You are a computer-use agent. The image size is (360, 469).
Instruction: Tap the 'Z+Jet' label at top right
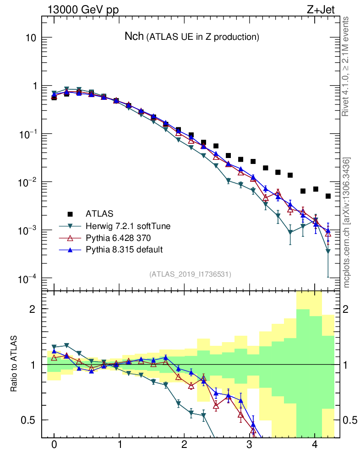point(326,9)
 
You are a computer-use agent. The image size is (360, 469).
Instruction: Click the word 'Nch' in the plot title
point(134,37)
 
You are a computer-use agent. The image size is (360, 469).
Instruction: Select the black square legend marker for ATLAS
point(70,213)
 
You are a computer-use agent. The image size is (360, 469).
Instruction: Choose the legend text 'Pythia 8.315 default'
point(120,250)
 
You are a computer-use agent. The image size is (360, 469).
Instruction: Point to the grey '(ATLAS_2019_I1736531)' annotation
point(190,274)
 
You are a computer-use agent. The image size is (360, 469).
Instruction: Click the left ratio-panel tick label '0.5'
point(28,420)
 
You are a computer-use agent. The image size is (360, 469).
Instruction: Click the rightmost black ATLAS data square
point(328,196)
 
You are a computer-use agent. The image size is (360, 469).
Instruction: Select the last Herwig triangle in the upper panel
point(328,251)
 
